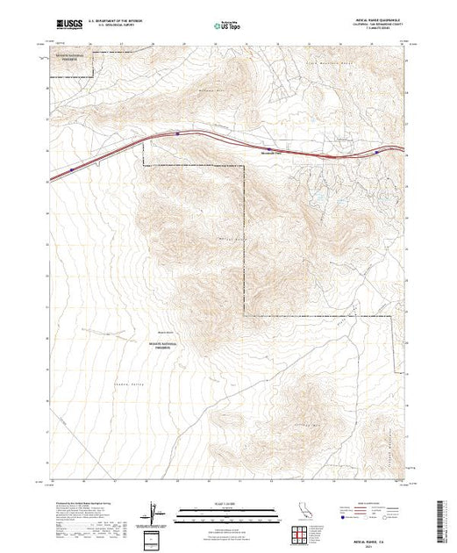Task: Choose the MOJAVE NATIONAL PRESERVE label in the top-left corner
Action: (72, 55)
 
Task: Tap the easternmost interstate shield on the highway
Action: (378, 152)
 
